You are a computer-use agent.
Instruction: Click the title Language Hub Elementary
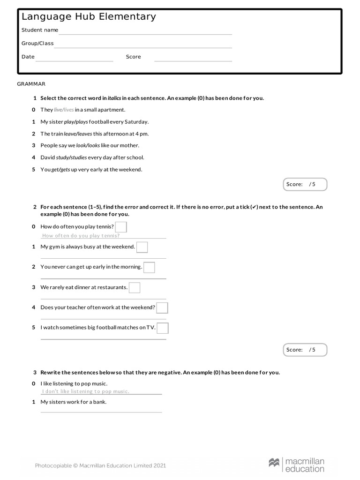pyautogui.click(x=89, y=17)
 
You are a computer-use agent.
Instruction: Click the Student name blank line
pyautogui.click(x=145, y=33)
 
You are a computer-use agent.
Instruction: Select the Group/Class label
pyautogui.click(x=37, y=44)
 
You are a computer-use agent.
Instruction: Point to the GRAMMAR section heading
pyautogui.click(x=31, y=84)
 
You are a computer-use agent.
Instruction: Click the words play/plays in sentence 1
pyautogui.click(x=76, y=122)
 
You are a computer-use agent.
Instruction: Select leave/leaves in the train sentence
pyautogui.click(x=78, y=134)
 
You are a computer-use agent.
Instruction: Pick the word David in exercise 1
pyautogui.click(x=48, y=157)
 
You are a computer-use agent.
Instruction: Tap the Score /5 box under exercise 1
pyautogui.click(x=305, y=184)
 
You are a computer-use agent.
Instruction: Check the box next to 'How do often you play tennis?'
pyautogui.click(x=121, y=227)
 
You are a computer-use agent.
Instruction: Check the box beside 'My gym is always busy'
pyautogui.click(x=142, y=247)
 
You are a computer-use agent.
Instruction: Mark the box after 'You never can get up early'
pyautogui.click(x=149, y=267)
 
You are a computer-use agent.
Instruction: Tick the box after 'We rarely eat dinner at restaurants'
pyautogui.click(x=135, y=287)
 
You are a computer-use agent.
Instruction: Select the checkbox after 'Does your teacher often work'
pyautogui.click(x=162, y=307)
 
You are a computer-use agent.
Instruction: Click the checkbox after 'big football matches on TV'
pyautogui.click(x=163, y=328)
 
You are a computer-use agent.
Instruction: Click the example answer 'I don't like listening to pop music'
pyautogui.click(x=85, y=391)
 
